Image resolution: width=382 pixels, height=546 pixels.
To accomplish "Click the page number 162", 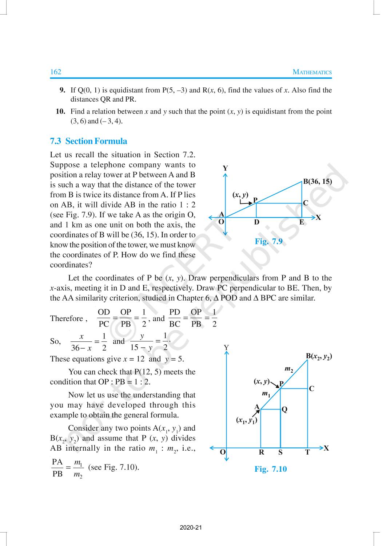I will pos(56,72).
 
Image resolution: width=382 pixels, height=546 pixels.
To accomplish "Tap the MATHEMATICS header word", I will pos(312,72).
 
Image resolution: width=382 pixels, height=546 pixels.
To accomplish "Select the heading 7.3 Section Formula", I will pos(88,141).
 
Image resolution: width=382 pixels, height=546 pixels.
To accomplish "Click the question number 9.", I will pos(62,90).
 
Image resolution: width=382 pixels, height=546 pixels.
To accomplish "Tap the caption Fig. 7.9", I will pos(268,241).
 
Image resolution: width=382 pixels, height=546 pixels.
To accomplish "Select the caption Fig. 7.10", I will pos(270,469).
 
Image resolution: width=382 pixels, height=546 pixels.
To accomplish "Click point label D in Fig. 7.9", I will pos(256,222).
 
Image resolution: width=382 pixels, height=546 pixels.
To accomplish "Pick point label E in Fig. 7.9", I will pos(302,222).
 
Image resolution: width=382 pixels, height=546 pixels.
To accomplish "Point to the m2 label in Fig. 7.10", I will pos(289,369).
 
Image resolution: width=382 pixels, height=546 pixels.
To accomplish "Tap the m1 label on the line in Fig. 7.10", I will pos(266,394).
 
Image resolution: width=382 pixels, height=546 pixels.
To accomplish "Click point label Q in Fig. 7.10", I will pos(284,409).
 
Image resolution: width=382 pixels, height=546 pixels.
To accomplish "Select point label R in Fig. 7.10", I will pos(261,452).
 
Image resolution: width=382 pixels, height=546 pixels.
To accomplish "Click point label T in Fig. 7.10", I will pos(307,452).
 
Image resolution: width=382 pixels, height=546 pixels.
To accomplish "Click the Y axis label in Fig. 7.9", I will pos(225,168).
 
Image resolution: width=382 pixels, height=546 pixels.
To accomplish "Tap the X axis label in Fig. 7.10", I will pos(326,448).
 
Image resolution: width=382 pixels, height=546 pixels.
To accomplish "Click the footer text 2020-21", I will pos(191,528).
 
